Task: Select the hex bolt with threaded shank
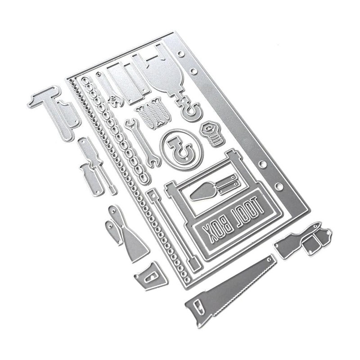pyautogui.click(x=211, y=133)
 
